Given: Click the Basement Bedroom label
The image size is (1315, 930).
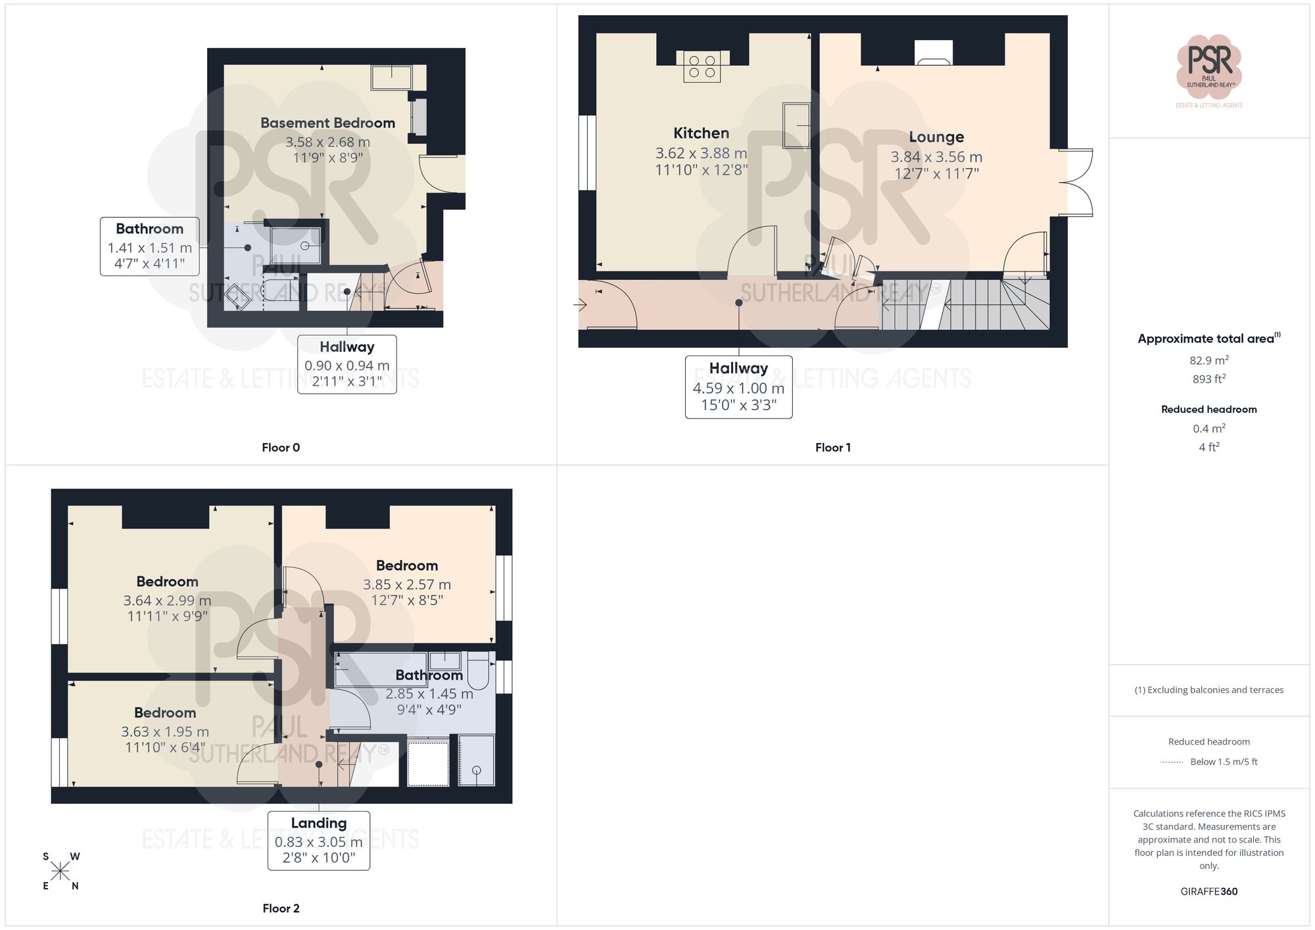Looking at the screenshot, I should point(327,124).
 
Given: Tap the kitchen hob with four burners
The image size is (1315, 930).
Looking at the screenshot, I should point(702,66).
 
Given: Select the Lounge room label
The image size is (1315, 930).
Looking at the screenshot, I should point(936,137).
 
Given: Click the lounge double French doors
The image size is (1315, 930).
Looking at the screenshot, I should point(1076,183).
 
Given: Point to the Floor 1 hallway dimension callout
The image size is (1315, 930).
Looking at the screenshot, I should point(738,387).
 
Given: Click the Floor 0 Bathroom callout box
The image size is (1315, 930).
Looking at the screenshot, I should point(150,246).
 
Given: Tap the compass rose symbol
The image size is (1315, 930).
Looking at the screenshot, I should point(60,872).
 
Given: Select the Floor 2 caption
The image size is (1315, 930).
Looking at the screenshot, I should point(281,908).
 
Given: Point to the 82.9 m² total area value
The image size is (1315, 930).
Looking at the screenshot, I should point(1208,360).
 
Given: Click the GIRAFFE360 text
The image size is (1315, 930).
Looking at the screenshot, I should point(1208,891).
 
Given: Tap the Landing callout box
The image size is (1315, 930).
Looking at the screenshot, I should point(319,841).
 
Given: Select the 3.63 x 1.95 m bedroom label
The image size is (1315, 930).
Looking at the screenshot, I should point(165,731).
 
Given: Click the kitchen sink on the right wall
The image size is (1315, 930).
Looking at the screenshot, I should point(796,125).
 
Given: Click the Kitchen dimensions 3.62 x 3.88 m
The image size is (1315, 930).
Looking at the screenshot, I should point(701,153).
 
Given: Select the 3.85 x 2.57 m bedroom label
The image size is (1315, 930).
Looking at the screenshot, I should point(407,583).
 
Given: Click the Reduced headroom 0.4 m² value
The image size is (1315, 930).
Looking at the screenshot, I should point(1208,429).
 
